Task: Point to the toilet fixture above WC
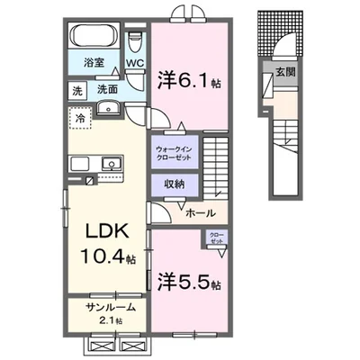coord(135,42)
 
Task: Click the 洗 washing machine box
coord(77,91)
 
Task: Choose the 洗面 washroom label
coord(108,91)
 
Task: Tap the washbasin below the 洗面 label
coord(109,108)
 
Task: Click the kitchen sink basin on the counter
coord(111,164)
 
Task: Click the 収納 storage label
coord(175,183)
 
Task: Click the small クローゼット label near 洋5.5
coord(217,239)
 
